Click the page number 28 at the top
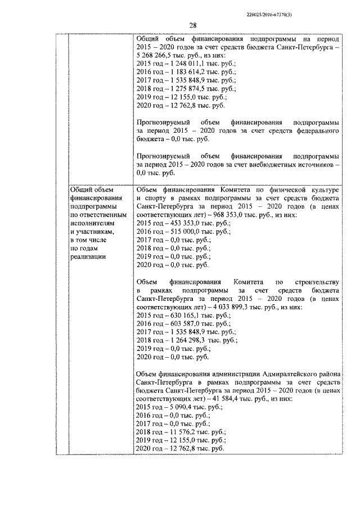click(x=192, y=25)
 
